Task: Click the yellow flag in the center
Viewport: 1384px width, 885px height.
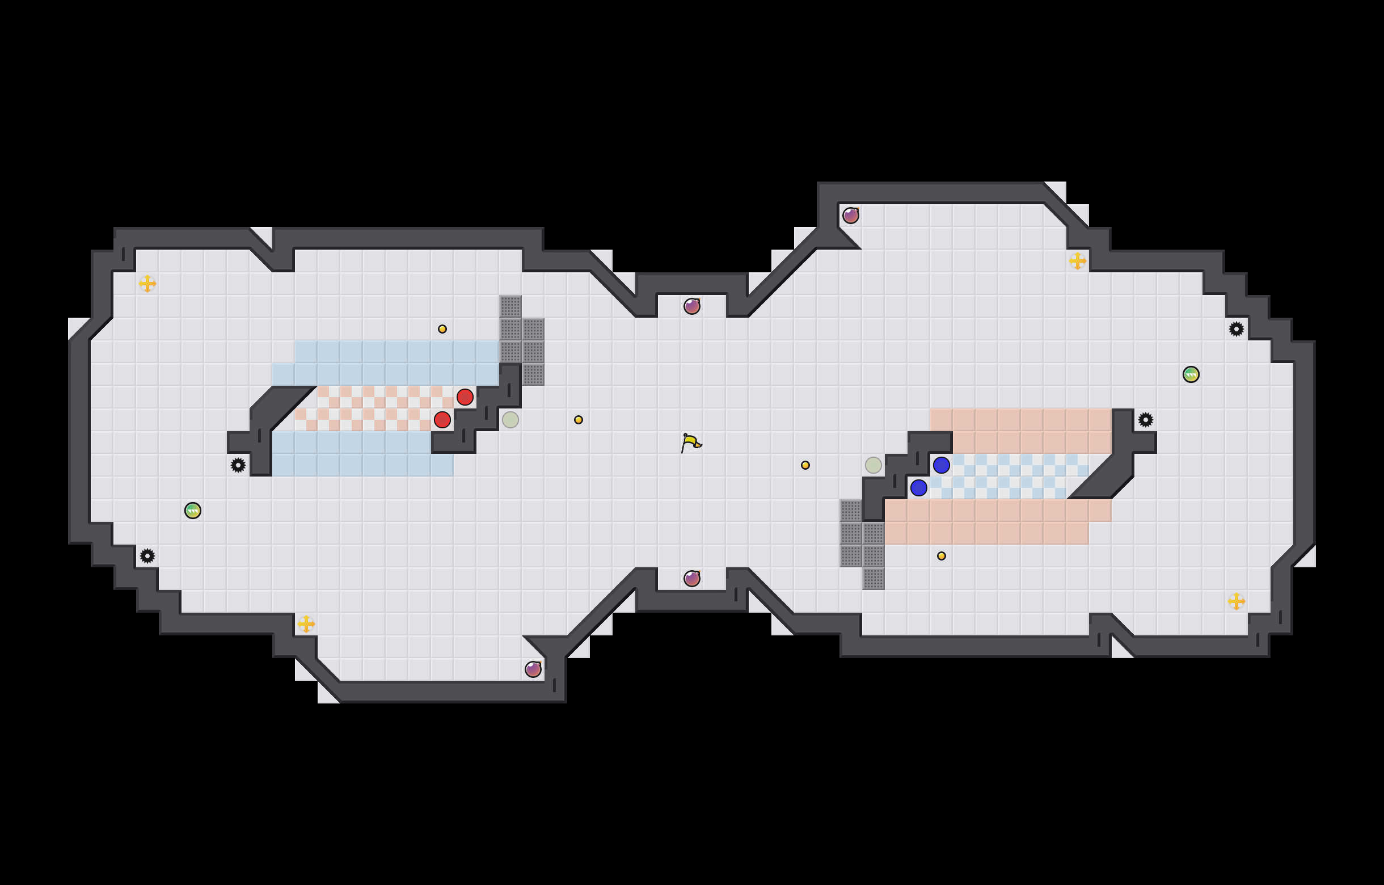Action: point(690,443)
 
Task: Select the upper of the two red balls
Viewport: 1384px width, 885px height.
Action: point(465,397)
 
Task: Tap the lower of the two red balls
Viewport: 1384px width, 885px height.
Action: point(442,419)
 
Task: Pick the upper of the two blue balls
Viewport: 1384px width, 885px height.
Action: point(942,465)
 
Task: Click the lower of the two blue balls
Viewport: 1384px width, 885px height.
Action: point(918,488)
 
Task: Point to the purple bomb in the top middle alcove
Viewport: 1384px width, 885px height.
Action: point(692,306)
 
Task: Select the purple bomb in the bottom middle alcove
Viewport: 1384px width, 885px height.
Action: point(692,579)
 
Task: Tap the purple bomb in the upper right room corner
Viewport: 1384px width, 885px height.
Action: point(851,216)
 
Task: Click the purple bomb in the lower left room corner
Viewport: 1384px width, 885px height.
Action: point(533,669)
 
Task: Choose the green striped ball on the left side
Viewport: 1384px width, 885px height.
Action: point(192,511)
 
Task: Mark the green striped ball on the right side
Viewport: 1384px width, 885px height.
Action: point(1191,374)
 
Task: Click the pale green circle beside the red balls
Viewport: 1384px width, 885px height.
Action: point(510,419)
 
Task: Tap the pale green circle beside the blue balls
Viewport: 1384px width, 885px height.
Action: point(873,465)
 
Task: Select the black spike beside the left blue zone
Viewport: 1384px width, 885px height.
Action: point(238,465)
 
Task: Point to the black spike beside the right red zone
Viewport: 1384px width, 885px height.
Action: point(1145,419)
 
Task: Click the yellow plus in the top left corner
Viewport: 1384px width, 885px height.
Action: point(147,283)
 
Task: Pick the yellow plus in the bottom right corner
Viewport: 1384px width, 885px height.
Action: point(1237,601)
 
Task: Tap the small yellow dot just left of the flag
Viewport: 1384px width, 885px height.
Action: point(578,419)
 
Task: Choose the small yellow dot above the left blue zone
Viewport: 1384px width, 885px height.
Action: point(442,328)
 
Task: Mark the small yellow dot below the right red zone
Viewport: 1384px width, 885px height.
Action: point(942,556)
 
